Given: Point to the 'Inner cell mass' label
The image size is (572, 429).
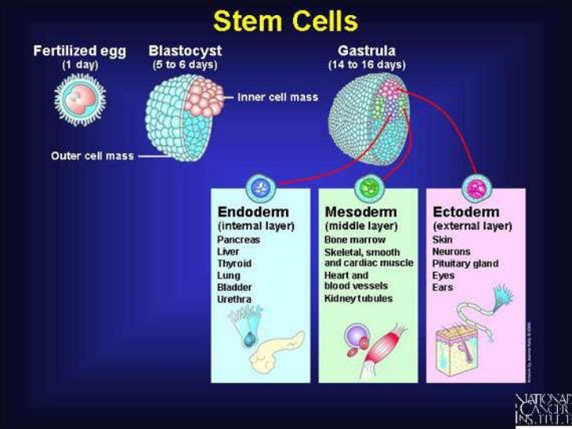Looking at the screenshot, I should coord(277,97).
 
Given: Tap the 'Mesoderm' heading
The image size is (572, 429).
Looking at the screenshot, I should coord(360,212).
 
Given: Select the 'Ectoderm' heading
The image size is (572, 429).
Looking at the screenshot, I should coord(467,212).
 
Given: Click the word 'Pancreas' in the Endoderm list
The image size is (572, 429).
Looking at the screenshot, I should coord(239,240).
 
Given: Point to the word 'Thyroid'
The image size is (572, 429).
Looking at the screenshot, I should coord(234,264).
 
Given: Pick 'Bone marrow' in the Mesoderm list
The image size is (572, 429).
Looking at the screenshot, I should coord(355,239).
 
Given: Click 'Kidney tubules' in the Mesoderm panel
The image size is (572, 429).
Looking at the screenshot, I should coord(358,299).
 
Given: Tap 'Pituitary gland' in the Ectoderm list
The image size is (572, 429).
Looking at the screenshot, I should coord(465,264).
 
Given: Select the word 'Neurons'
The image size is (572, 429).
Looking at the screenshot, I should coord(451,251).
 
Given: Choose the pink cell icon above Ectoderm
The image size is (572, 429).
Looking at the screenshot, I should coord(475,188).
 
